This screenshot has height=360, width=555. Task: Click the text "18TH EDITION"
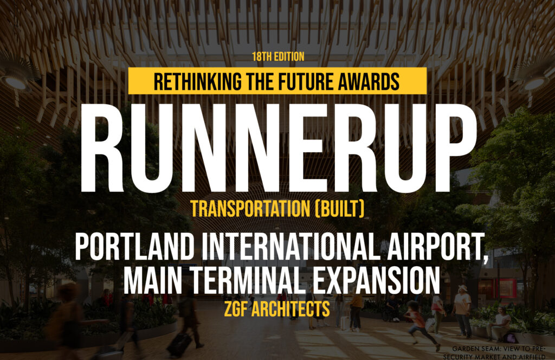278,56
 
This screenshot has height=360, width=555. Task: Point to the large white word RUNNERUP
279,149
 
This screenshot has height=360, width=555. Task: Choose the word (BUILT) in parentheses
339,209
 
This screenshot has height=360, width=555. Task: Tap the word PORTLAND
135,247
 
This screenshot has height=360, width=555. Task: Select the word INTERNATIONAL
291,247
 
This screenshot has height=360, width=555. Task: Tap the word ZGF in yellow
236,309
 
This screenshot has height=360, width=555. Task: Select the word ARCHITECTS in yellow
291,309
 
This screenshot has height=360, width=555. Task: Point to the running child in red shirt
420,324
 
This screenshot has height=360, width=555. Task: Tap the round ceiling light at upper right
535,83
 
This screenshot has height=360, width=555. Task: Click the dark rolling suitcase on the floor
180,344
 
